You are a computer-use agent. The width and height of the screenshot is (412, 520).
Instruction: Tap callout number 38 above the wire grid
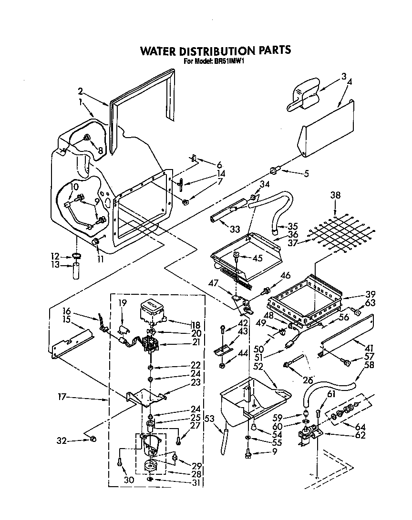tap(335, 195)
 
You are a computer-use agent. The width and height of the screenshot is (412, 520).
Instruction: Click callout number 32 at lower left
tap(61, 441)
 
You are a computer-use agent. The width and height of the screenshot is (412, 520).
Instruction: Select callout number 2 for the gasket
tap(81, 91)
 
